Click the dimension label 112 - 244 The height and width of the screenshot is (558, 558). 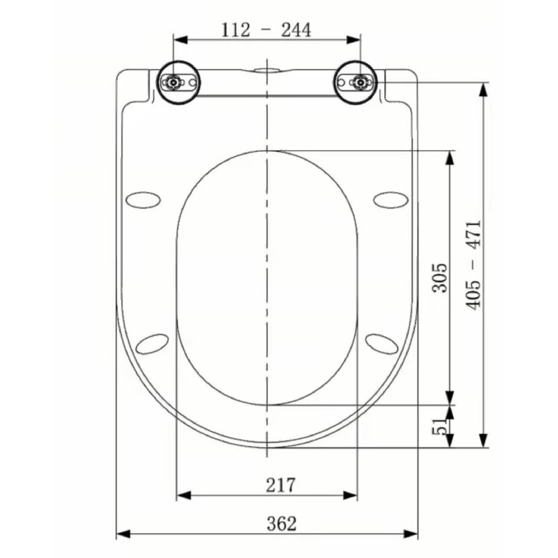[266, 29]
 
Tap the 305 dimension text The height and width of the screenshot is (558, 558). [440, 277]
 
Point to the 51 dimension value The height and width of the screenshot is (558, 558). [440, 426]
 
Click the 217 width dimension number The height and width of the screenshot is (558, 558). [280, 485]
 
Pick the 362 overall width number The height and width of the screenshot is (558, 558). [280, 523]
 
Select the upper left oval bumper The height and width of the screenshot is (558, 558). [143, 199]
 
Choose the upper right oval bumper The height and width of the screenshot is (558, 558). [391, 199]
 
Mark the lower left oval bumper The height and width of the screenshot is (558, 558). [153, 343]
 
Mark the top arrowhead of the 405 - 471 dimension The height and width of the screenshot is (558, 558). [484, 90]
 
